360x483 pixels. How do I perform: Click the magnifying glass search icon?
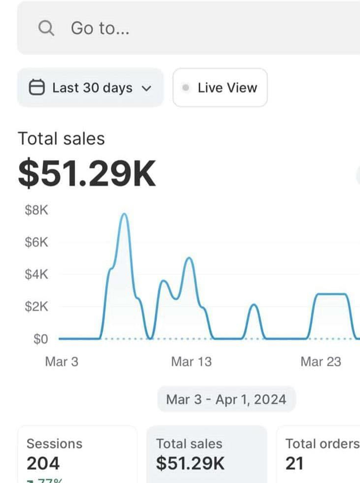coord(46,28)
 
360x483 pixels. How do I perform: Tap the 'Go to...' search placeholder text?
coord(100,28)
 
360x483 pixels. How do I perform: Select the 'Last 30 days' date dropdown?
coord(90,88)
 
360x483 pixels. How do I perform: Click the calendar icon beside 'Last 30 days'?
coord(37,88)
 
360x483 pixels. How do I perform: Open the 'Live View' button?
coord(220,88)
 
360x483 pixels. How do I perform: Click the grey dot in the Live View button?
coord(186,88)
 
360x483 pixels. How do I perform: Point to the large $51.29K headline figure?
coord(87,174)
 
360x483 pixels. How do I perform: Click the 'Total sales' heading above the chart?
coord(61,139)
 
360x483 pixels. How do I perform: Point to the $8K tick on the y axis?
coord(37,210)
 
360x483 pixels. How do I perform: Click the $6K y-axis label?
coord(37,242)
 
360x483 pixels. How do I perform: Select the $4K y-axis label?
coord(37,275)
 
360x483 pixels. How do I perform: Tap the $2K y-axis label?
coord(37,306)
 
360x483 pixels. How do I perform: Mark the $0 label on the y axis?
coord(41,339)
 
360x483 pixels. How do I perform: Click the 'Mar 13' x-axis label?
coord(191,362)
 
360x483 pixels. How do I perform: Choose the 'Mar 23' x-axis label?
coord(320,362)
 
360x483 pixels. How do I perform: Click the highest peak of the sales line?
coord(124,214)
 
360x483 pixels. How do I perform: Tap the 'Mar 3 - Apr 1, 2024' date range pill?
coord(226,400)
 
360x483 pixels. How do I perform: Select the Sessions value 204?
coord(43,463)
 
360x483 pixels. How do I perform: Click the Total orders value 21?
coord(294,463)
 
